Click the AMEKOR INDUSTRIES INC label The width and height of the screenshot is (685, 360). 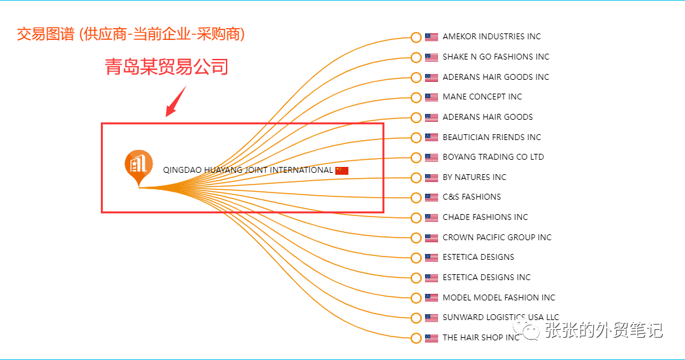click(491, 37)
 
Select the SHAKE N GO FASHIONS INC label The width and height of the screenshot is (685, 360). click(496, 57)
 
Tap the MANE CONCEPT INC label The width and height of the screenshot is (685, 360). click(482, 97)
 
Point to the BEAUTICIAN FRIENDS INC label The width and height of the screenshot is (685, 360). click(492, 137)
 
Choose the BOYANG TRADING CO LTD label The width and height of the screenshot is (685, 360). click(493, 157)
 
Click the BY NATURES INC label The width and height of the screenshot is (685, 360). click(474, 177)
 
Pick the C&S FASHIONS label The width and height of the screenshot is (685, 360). click(472, 197)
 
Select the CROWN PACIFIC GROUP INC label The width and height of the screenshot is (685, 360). click(497, 238)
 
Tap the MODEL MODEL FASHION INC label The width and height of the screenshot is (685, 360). click(498, 298)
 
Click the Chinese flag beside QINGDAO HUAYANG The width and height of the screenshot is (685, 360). click(342, 170)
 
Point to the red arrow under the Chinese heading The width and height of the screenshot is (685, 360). click(175, 102)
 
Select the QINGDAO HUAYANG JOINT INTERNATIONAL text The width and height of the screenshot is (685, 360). click(248, 170)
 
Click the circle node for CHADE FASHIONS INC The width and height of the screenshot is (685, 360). click(416, 217)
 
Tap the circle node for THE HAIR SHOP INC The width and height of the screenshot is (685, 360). click(416, 338)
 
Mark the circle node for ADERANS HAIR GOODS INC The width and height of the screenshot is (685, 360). click(416, 77)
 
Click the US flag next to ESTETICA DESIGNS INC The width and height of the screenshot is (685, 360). click(432, 278)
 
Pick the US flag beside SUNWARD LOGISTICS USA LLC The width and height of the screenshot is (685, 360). click(432, 318)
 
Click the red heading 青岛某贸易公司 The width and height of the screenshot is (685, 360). click(167, 67)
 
